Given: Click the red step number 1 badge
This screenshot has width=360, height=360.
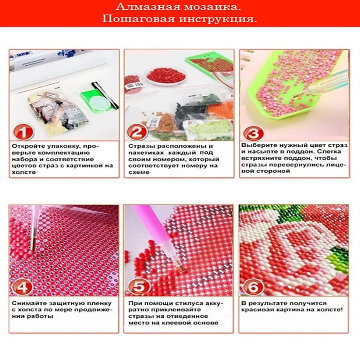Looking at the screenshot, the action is pos(24,132).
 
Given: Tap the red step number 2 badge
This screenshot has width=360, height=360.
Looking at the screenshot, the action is pos(137,132).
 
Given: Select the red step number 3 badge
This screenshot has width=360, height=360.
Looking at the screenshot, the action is pos(253,133).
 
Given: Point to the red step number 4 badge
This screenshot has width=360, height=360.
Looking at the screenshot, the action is pos(22,287).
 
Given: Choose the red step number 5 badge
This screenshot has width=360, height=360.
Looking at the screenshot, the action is pos(139,287).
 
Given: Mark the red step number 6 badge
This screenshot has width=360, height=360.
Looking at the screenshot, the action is pos(253,287).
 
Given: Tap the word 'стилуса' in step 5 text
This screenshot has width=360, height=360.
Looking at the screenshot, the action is pos(190,303).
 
